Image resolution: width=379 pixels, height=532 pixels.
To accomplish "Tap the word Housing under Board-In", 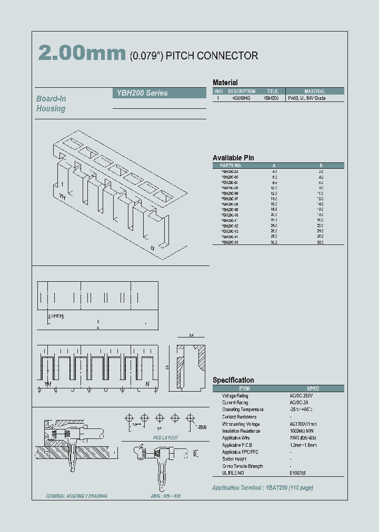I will tap(51, 109).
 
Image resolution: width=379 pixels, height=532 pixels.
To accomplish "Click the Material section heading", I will tap(225, 83).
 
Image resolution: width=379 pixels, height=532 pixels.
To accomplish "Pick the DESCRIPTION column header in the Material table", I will tap(242, 91).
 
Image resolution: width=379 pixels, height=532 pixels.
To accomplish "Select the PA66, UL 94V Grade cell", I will tap(307, 98).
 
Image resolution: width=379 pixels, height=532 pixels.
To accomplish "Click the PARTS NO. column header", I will tap(230, 165).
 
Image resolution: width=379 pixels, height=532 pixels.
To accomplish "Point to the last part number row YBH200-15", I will tap(230, 242).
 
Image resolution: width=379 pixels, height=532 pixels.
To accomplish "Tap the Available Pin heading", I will tap(233, 158).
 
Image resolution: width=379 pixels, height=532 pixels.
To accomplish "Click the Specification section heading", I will tap(233, 380).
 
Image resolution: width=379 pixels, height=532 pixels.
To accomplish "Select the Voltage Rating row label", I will tap(235, 395).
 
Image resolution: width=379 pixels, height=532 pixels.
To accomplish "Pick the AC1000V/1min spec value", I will tap(304, 424).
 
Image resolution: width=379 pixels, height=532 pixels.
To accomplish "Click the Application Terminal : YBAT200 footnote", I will tap(262, 488).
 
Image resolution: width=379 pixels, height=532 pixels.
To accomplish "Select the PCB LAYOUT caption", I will tap(165, 437).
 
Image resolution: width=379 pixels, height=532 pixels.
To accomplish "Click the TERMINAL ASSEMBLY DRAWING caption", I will tap(76, 496).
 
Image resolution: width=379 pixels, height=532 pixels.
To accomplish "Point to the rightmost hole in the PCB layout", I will tap(192, 418).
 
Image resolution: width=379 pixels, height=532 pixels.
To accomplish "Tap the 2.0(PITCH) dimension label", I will tap(56, 316).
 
